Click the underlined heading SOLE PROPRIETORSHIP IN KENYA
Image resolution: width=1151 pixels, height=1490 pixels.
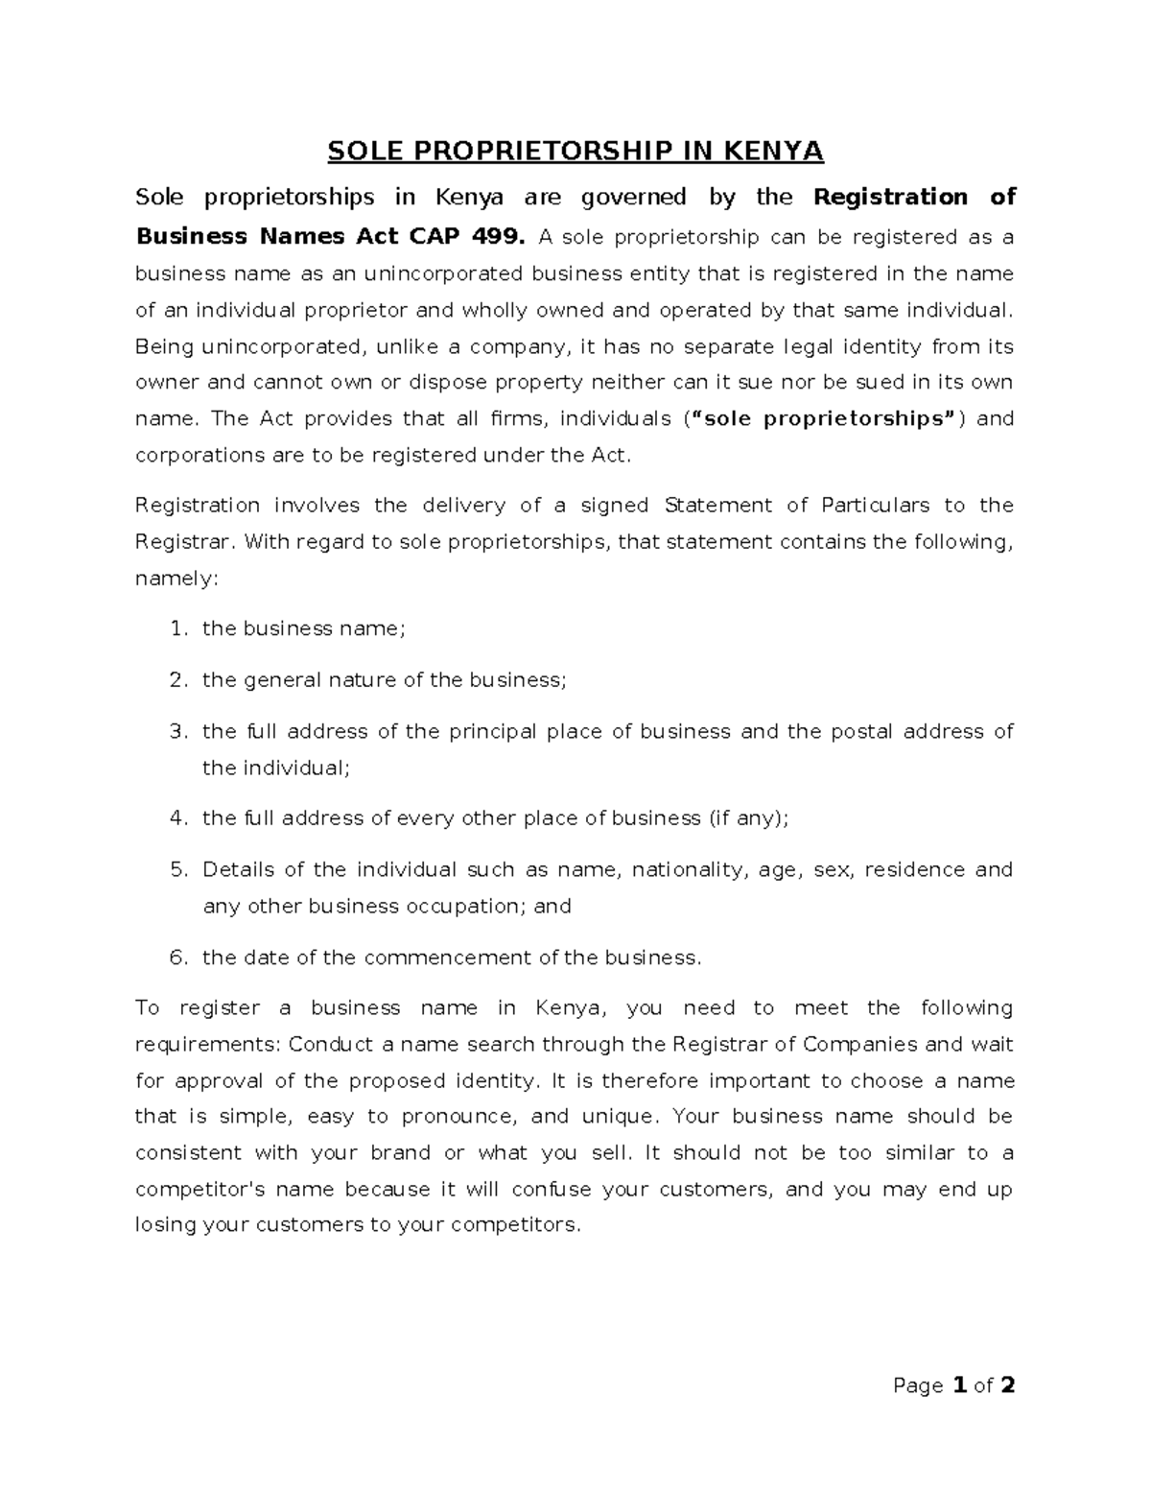pos(575,152)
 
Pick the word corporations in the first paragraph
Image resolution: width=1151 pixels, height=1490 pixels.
pos(200,455)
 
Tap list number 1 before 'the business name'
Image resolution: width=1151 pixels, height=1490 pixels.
pos(176,629)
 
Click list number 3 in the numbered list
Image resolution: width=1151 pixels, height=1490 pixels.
pos(176,732)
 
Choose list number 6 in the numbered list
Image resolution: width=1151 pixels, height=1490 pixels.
pos(176,958)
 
